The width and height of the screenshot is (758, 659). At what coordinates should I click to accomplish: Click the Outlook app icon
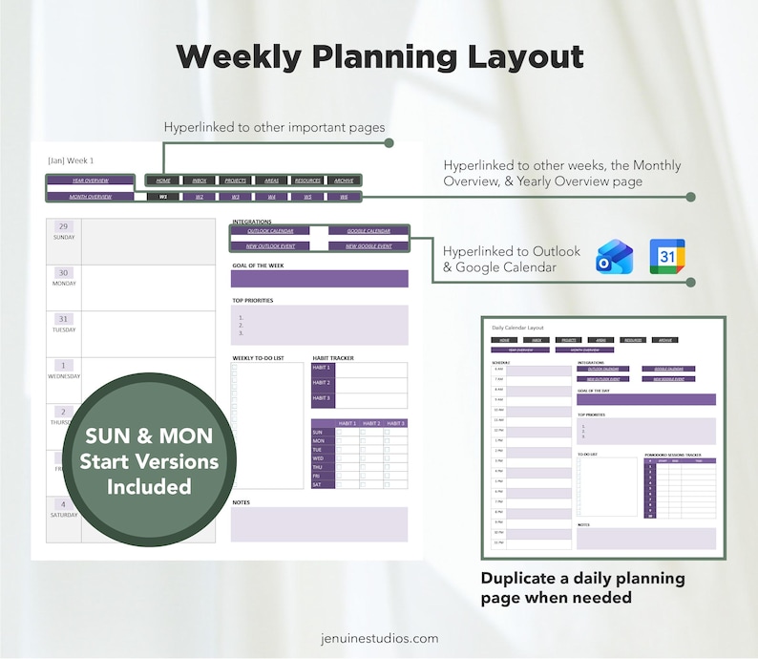coord(614,258)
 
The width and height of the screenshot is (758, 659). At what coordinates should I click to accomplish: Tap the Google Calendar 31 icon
coord(667,258)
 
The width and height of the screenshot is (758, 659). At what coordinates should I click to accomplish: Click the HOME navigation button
coord(163,181)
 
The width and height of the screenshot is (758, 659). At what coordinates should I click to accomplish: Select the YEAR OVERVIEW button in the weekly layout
coord(90,181)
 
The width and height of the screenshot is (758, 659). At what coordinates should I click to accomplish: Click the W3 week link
coord(235,197)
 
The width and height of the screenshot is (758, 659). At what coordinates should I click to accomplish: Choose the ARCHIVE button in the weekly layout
coord(344,181)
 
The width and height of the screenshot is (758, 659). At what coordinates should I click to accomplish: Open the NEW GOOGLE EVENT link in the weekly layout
coord(368,246)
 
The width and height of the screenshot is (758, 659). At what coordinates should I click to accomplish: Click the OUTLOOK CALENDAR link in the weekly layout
coord(270,231)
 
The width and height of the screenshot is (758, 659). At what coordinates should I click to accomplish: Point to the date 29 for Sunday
coord(63,226)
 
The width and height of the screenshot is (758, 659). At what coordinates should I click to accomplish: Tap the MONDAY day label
coord(64,284)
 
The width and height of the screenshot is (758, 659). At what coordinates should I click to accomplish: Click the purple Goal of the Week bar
coord(320,279)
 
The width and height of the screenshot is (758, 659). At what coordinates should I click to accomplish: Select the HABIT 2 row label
coord(322,382)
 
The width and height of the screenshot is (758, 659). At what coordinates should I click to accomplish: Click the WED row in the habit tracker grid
coord(319,457)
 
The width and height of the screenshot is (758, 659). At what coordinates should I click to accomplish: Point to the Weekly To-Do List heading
coord(258,358)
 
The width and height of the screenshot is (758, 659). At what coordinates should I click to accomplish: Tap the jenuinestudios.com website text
coord(379,638)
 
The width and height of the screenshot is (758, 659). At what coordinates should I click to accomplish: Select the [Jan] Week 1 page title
coord(71,160)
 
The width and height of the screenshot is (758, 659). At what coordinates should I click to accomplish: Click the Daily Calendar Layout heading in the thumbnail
coord(517,328)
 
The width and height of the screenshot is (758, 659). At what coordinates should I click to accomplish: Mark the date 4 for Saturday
coord(63,504)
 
